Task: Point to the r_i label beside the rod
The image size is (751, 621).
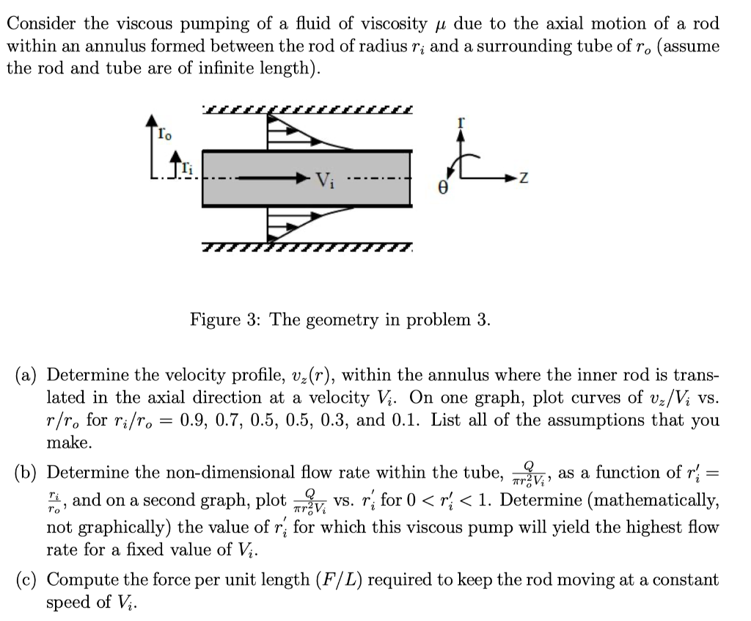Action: click(188, 168)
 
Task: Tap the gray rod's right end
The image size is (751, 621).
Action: click(408, 178)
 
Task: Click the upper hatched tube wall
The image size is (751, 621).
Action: click(308, 111)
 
